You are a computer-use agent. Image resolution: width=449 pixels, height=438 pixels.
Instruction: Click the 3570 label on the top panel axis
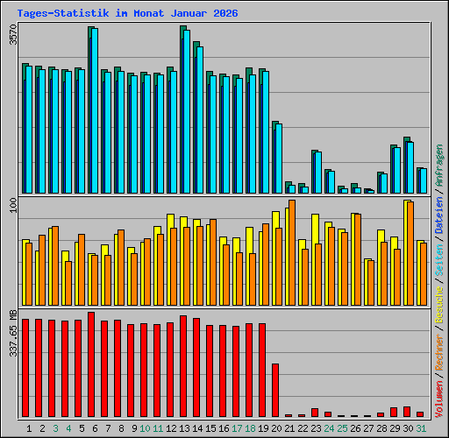pos(12,36)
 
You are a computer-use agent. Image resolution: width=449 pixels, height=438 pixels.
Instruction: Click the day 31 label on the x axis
pos(421,428)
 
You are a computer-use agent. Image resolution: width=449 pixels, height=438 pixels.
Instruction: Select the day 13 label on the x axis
pos(184,428)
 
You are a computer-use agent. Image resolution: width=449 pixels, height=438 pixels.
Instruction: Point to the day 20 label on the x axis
pos(276,428)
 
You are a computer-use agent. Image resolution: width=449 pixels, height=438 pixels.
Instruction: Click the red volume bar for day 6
pos(91,364)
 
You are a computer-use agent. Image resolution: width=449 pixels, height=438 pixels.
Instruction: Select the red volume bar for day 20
pos(275,390)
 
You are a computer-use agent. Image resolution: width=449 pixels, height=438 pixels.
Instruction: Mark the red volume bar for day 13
pos(183,366)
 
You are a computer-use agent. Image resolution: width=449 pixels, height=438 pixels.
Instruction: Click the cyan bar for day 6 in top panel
pos(95,110)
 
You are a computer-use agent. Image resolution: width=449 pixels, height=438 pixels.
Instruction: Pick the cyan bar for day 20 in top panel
pos(279,158)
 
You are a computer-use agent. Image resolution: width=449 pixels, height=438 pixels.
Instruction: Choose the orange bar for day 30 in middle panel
pos(410,253)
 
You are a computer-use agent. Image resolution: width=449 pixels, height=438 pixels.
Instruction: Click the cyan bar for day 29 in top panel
pos(397,170)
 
